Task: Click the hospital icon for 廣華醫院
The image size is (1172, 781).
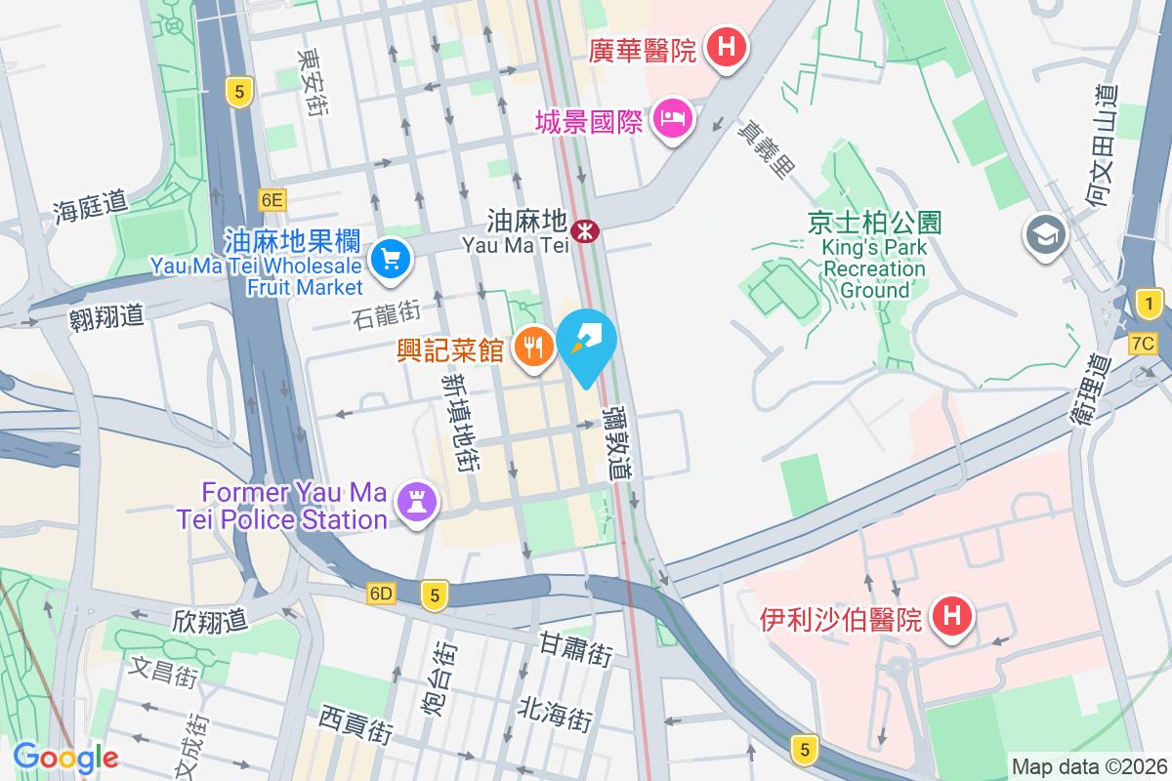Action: (726, 45)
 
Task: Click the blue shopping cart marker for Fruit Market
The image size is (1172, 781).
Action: (392, 259)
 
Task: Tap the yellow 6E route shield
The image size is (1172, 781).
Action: (272, 200)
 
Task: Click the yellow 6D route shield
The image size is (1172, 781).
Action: (381, 594)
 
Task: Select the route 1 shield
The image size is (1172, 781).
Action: (1150, 305)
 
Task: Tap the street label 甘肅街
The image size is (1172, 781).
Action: (576, 649)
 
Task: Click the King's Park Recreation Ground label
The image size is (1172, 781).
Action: (874, 257)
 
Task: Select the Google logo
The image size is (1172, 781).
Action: (65, 757)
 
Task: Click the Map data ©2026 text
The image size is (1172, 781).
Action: (1088, 766)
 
